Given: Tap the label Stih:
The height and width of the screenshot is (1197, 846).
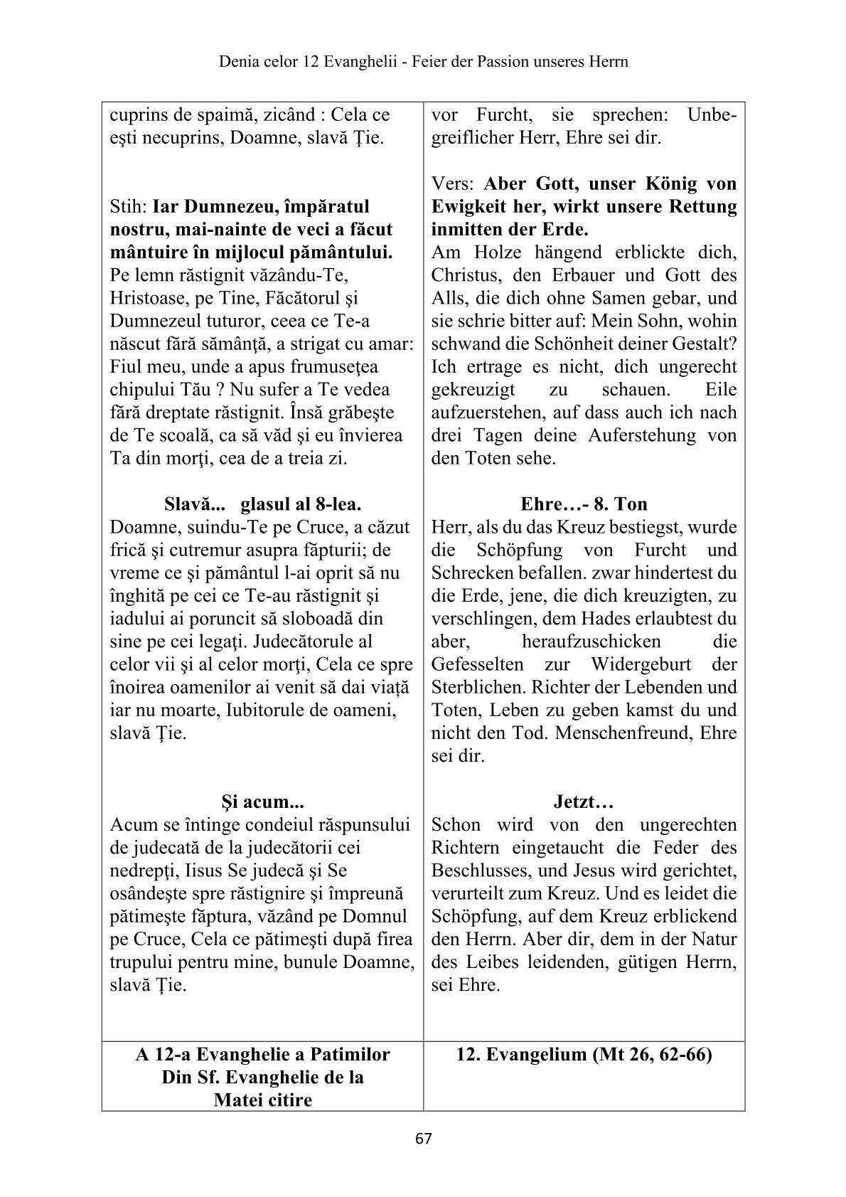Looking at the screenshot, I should [129, 207].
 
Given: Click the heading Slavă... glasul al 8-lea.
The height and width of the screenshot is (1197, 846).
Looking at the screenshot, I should [262, 504].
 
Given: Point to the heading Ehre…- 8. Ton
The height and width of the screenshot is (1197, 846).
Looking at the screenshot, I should [584, 504].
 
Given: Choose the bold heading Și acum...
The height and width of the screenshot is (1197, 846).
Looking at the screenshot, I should [262, 802].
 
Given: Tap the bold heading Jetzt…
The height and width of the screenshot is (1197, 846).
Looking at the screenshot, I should [584, 802].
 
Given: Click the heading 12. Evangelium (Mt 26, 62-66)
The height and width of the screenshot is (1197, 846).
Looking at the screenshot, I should [584, 1055].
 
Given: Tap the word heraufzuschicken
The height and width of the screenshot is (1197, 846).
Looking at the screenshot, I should [591, 642].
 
